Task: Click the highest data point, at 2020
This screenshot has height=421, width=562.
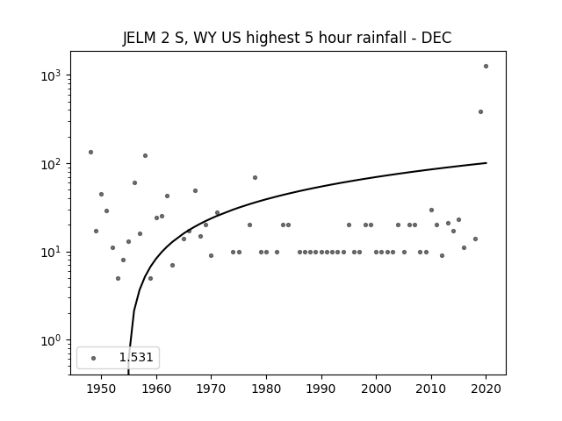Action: pyautogui.click(x=486, y=67)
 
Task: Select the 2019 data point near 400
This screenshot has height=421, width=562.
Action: pyautogui.click(x=480, y=112)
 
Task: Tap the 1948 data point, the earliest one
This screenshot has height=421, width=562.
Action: pyautogui.click(x=90, y=152)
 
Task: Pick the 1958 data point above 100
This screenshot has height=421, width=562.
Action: pyautogui.click(x=145, y=156)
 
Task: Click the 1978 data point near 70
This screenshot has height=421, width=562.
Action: pyautogui.click(x=255, y=177)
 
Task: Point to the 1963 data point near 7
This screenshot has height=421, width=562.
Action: pyautogui.click(x=172, y=265)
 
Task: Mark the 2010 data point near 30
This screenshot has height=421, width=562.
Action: pyautogui.click(x=431, y=210)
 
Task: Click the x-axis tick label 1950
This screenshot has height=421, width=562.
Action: pyautogui.click(x=101, y=389)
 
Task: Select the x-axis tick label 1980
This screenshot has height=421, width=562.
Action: pyautogui.click(x=266, y=389)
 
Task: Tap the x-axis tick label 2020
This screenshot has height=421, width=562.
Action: pyautogui.click(x=486, y=389)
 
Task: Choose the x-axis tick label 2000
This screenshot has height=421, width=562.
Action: pyautogui.click(x=376, y=389)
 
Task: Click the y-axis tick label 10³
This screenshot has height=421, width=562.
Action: pyautogui.click(x=51, y=75)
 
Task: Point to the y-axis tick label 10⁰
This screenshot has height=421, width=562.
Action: pyautogui.click(x=51, y=340)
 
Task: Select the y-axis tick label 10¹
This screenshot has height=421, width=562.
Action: pyautogui.click(x=51, y=252)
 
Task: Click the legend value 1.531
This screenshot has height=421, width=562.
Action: pyautogui.click(x=136, y=357)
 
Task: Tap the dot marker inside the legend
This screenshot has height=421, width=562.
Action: pyautogui.click(x=93, y=358)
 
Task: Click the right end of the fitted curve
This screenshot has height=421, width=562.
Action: pyautogui.click(x=486, y=163)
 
